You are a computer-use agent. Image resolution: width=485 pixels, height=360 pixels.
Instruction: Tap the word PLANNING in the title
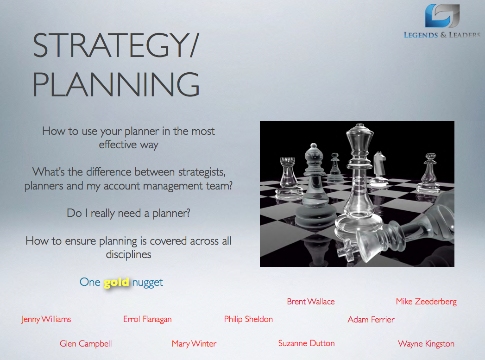coord(116,84)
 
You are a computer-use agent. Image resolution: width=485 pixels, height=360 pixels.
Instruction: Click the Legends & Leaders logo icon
coord(442,15)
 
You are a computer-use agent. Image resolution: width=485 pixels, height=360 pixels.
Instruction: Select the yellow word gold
coord(116,283)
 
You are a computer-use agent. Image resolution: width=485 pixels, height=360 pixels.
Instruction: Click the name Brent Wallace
coord(310,302)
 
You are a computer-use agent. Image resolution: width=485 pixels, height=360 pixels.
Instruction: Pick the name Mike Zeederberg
coord(426,302)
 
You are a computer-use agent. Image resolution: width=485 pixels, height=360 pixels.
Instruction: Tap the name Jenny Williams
coord(46,320)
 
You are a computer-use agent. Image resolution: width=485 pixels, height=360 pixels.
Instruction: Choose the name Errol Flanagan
coord(147,320)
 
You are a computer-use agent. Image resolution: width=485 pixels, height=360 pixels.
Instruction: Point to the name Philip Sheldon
coord(248,320)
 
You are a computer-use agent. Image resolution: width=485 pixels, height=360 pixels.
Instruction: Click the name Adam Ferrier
coord(371,320)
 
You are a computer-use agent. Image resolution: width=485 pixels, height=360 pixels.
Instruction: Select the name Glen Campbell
coord(86,344)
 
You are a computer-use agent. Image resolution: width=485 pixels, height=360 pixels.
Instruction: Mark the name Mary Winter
coord(194,344)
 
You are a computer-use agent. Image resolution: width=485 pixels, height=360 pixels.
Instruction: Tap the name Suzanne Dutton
coord(306,343)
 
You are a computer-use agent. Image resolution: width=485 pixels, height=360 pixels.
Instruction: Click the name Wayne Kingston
coord(426,344)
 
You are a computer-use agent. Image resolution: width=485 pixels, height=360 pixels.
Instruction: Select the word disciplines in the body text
coord(128,254)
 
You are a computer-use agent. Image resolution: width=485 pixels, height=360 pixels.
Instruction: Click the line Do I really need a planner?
coord(128,213)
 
